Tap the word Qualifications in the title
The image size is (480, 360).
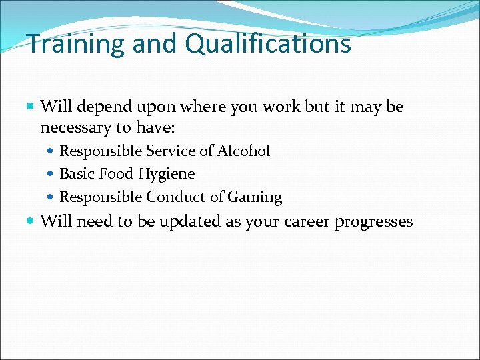(267, 45)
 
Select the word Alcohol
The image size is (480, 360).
(243, 151)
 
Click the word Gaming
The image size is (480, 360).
(255, 198)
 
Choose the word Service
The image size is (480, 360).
(170, 151)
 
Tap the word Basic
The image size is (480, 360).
(78, 174)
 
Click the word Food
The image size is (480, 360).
(117, 174)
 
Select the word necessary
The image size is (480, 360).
(72, 127)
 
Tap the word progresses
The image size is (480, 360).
(374, 222)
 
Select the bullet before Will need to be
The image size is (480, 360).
(32, 221)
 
